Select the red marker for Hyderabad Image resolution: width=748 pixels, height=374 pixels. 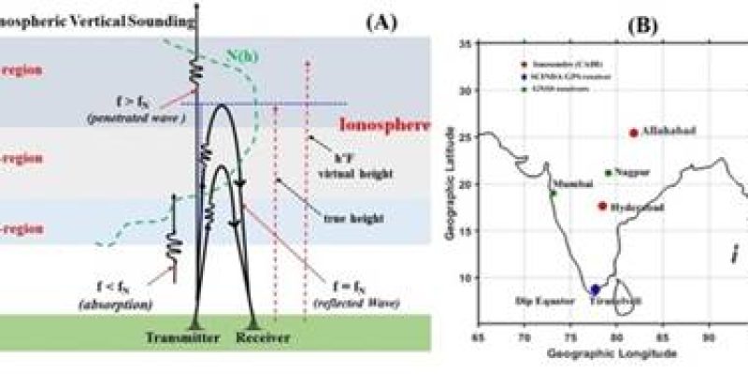pos(603,206)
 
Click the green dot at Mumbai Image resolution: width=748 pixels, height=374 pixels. pos(554,194)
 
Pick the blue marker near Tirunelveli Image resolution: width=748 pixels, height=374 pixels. pos(596,290)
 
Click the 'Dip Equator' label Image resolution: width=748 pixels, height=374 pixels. pos(543,302)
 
